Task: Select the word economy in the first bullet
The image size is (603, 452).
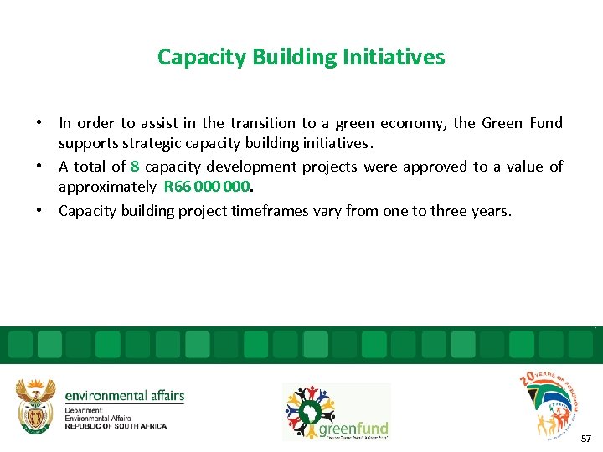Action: pos(415,123)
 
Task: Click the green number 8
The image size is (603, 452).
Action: pos(135,167)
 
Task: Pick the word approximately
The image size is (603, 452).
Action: pos(107,187)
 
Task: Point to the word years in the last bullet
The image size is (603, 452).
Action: pos(491,210)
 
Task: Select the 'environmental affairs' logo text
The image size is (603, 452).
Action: pos(124,396)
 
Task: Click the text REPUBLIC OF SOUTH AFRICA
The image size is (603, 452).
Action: pos(116,426)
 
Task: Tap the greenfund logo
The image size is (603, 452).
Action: pos(336,412)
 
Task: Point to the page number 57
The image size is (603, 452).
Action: pos(585,438)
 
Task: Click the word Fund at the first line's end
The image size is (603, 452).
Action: pos(546,123)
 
